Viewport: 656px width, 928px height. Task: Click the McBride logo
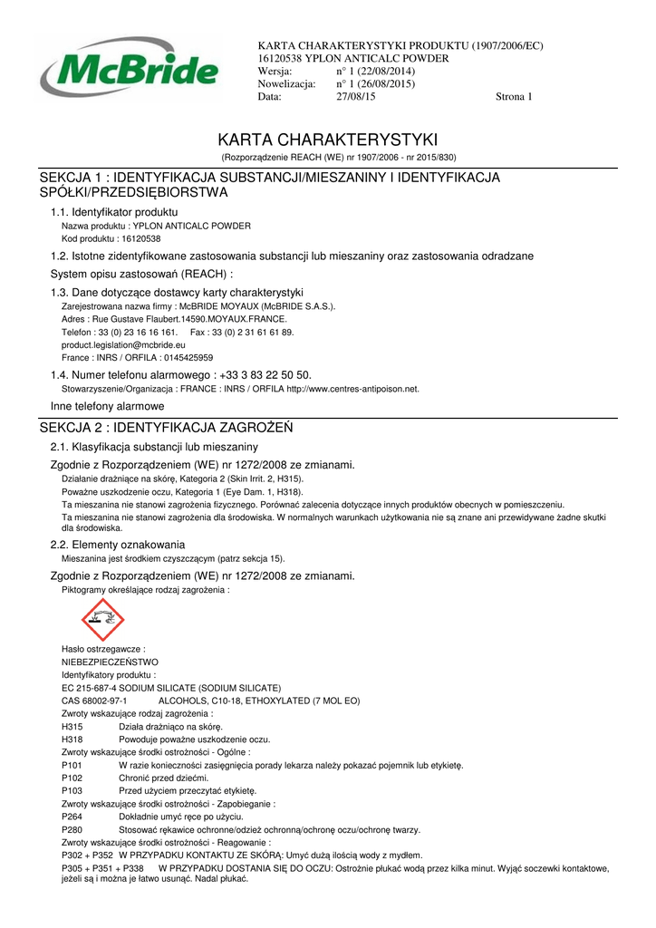pos(129,68)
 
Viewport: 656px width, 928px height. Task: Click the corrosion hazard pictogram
pos(102,620)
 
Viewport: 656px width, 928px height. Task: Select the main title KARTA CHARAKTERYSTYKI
pos(328,140)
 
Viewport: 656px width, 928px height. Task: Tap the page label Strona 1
pos(514,97)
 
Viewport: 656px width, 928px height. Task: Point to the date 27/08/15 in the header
pos(355,97)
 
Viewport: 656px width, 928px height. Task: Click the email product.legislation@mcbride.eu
pos(123,345)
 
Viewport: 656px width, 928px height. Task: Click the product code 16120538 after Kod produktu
pos(140,238)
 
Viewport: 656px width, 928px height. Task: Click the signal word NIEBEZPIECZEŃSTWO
pos(110,662)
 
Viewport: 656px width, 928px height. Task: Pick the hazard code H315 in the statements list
pos(72,727)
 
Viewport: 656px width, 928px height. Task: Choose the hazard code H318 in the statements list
pos(72,739)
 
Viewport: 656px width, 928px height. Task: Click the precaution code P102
pos(72,778)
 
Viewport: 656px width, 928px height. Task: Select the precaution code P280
pos(72,830)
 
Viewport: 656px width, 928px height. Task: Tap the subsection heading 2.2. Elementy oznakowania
pos(118,545)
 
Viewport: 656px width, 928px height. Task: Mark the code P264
pos(72,817)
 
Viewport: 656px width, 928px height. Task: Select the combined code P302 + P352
pos(87,855)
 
